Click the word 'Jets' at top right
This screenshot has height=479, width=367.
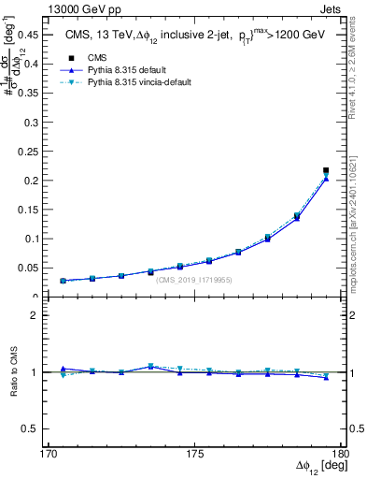pyautogui.click(x=323, y=7)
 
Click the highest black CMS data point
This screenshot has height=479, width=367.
pyautogui.click(x=326, y=170)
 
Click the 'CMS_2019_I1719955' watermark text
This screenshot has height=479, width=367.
pyautogui.click(x=194, y=279)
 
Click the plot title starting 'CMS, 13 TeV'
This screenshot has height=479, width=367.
pyautogui.click(x=194, y=34)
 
